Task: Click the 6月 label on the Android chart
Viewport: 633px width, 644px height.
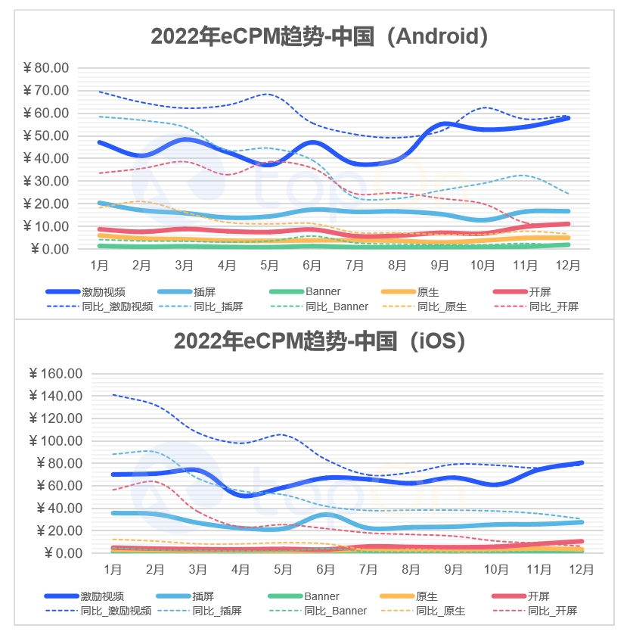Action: [312, 266]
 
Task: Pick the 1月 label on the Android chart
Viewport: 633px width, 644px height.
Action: [99, 266]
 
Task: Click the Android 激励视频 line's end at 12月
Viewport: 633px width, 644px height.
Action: [568, 118]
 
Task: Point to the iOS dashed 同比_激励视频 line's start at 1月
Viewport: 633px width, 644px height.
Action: [113, 394]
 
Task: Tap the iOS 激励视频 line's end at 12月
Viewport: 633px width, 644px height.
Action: [582, 462]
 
